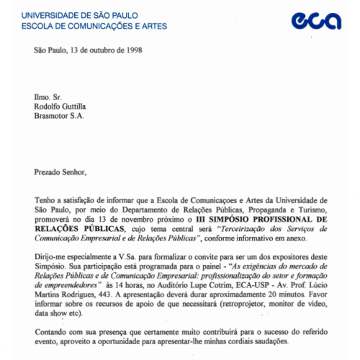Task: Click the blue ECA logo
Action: (316, 21)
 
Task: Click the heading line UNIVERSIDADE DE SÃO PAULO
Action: (80, 14)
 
